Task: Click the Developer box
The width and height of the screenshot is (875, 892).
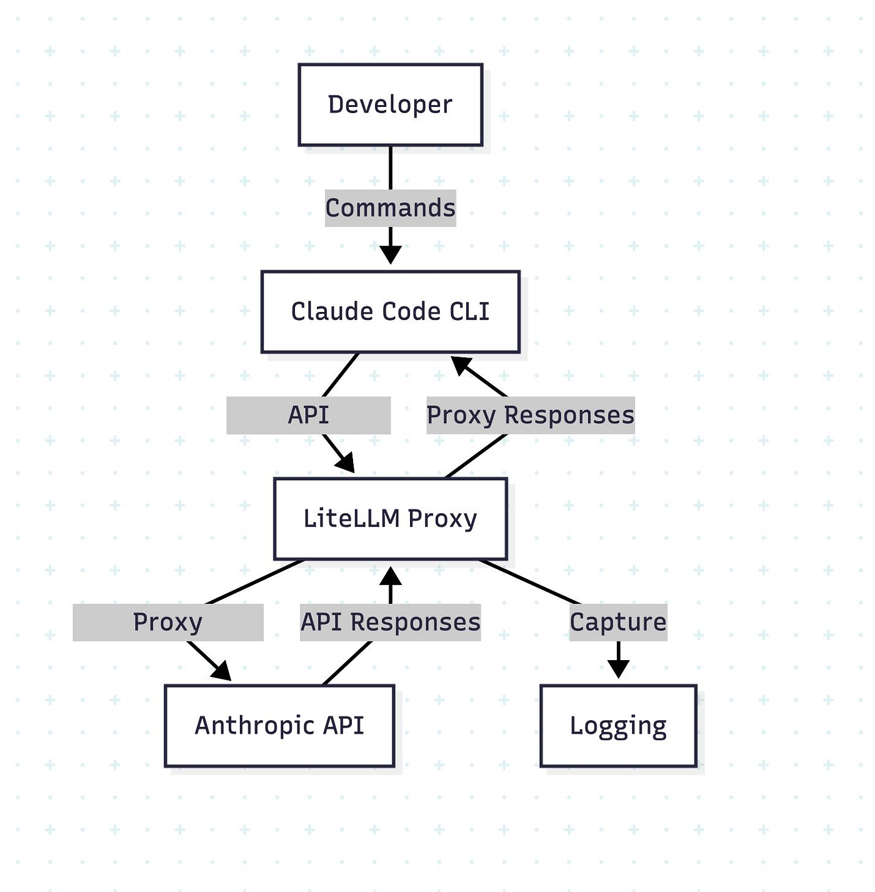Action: coord(390,104)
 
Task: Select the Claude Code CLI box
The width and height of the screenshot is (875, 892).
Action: coord(390,311)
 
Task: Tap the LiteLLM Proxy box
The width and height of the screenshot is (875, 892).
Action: coord(390,518)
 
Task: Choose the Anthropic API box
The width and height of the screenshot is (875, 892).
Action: coord(279,725)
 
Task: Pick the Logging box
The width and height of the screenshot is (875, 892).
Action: coord(618,725)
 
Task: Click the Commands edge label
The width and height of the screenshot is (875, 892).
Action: coord(390,208)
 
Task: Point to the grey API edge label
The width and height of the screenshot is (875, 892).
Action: coord(308,415)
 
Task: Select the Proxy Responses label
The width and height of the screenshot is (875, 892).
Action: coord(531,415)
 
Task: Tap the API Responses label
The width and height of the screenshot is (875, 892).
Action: coord(390,622)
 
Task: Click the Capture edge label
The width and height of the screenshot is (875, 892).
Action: coord(618,622)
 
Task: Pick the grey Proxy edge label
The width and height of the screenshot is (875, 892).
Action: coord(168,622)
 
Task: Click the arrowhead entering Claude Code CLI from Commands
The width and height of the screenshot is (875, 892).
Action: coord(390,255)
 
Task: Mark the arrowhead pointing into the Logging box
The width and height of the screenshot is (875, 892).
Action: coord(618,669)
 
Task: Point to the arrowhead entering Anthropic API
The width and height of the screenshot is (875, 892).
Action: coord(222,672)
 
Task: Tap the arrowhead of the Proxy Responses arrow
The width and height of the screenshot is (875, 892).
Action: coord(460,364)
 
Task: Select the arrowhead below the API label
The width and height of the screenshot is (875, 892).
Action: coord(346,463)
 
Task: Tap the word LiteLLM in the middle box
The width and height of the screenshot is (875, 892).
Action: coord(351,518)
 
